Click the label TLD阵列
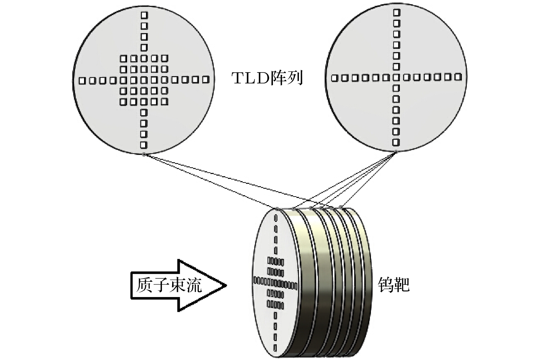267,78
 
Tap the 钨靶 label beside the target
394,284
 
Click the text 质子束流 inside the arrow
169,285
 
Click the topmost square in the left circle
144,15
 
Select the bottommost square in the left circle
144,145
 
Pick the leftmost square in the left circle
82,81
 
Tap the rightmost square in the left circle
205,80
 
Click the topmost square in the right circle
396,13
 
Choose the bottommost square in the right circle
396,142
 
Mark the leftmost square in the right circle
335,78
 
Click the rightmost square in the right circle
457,77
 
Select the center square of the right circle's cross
396,78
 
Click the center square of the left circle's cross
144,80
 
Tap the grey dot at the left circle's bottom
144,154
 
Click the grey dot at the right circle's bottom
396,151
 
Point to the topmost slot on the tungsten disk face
276,217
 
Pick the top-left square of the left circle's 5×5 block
123,59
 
